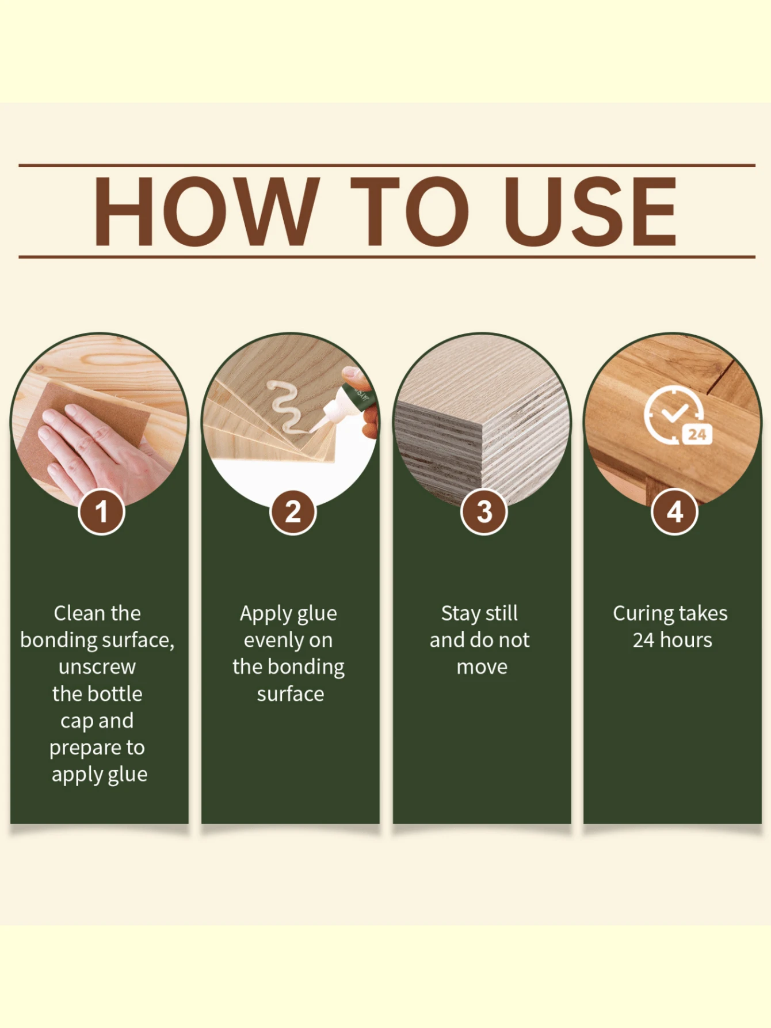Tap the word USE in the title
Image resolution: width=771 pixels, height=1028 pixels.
point(590,211)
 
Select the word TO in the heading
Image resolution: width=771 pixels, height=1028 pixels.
point(410,211)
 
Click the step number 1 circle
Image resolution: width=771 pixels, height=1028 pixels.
point(101,511)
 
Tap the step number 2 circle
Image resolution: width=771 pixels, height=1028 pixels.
point(293,511)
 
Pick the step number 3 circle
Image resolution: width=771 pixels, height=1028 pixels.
point(484,511)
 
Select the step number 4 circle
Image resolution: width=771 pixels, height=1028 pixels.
point(674,511)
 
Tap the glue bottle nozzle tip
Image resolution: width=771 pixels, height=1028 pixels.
point(315,427)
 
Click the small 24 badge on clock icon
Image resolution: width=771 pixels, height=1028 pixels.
point(697,434)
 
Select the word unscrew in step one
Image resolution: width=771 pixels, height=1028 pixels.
point(97,667)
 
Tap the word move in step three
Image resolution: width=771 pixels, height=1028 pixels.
point(482,667)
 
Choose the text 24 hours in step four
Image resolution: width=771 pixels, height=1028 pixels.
point(672,640)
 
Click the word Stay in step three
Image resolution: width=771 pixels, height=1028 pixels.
point(460,614)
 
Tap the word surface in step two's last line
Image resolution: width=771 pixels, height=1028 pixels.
point(290,694)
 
